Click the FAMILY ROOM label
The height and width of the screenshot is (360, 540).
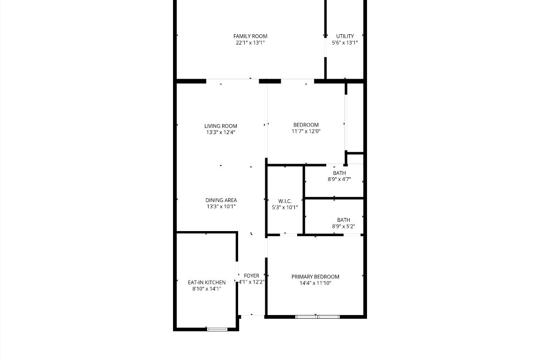[x=250, y=36]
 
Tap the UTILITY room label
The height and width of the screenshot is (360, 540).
[x=345, y=36]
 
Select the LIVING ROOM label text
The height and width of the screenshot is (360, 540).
[x=220, y=126]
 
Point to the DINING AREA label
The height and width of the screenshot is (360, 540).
[x=220, y=200]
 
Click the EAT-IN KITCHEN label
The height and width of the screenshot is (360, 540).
[x=206, y=282]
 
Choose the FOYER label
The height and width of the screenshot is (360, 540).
[x=252, y=276]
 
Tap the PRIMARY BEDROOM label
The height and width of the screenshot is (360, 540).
[x=315, y=277]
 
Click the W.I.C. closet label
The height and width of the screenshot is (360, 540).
[x=285, y=201]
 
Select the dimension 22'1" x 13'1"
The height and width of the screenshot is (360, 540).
[x=250, y=43]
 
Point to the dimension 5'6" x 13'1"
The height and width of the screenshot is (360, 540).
[x=345, y=43]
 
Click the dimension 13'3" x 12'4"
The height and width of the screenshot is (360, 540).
[x=220, y=132]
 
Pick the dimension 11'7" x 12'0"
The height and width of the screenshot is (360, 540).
[x=306, y=131]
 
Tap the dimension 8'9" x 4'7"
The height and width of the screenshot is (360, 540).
[x=339, y=179]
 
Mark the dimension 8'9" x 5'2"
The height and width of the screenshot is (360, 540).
[x=343, y=226]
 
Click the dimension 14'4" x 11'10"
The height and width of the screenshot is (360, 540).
[x=315, y=283]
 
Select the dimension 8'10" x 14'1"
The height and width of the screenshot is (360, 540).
[x=206, y=289]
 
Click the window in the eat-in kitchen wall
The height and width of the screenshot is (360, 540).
[x=217, y=329]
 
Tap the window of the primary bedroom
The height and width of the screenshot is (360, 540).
[x=317, y=317]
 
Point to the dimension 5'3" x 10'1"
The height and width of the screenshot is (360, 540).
[x=285, y=207]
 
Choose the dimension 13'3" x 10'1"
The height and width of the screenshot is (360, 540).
[x=220, y=206]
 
